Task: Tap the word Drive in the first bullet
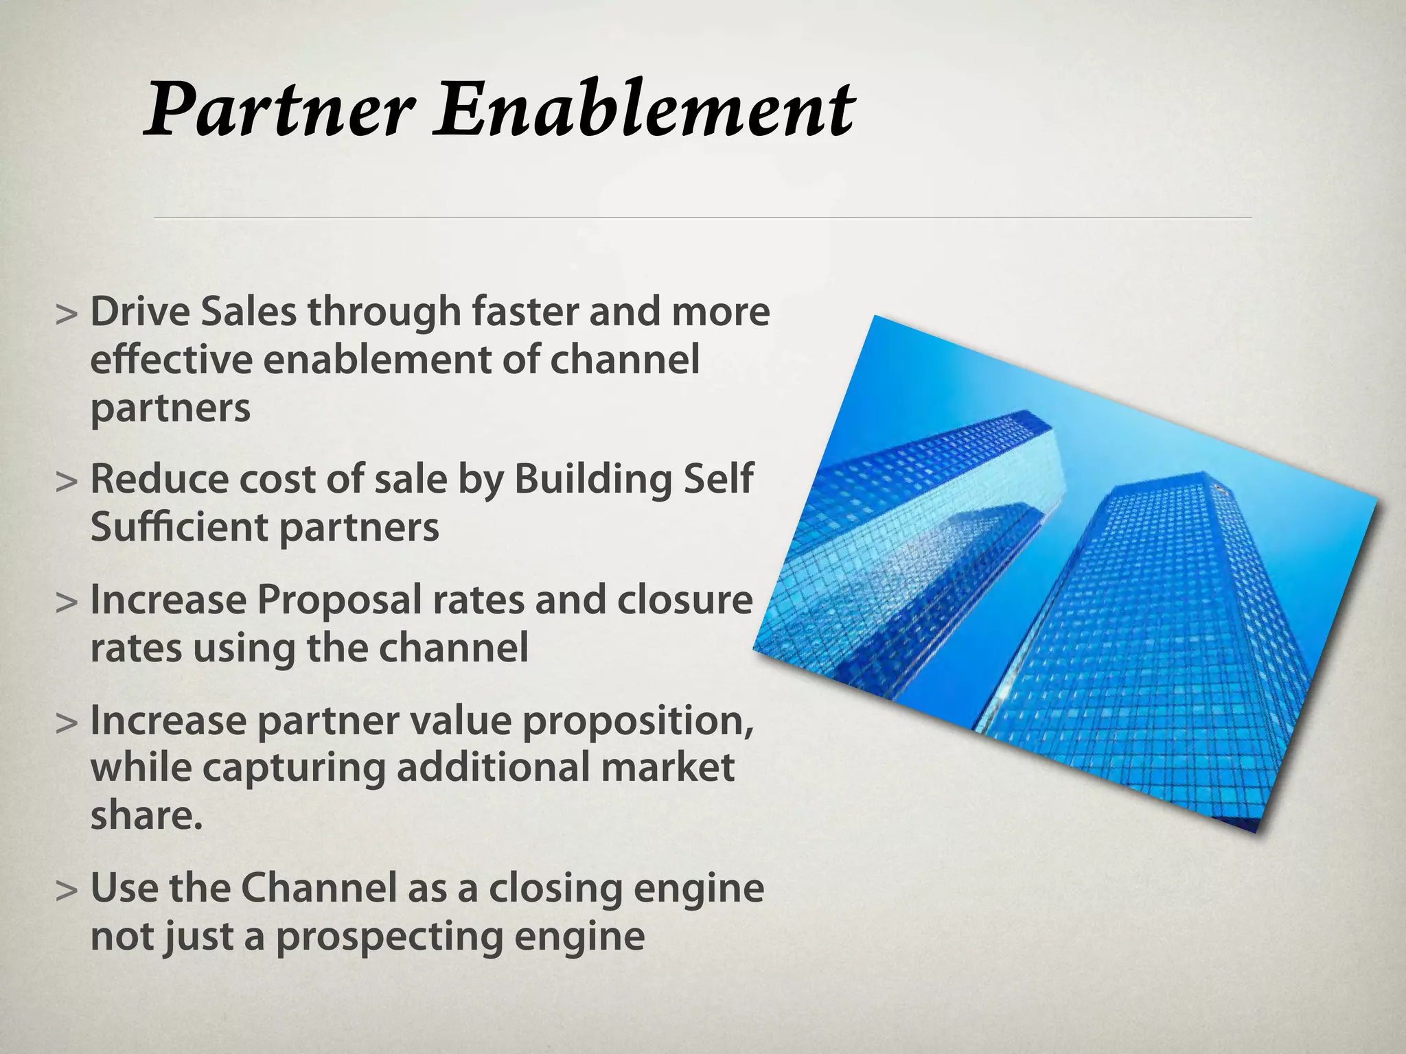140,312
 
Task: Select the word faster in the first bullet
525,312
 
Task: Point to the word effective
171,360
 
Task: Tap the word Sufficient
179,528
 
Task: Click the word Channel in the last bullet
319,888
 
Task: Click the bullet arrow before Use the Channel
66,891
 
